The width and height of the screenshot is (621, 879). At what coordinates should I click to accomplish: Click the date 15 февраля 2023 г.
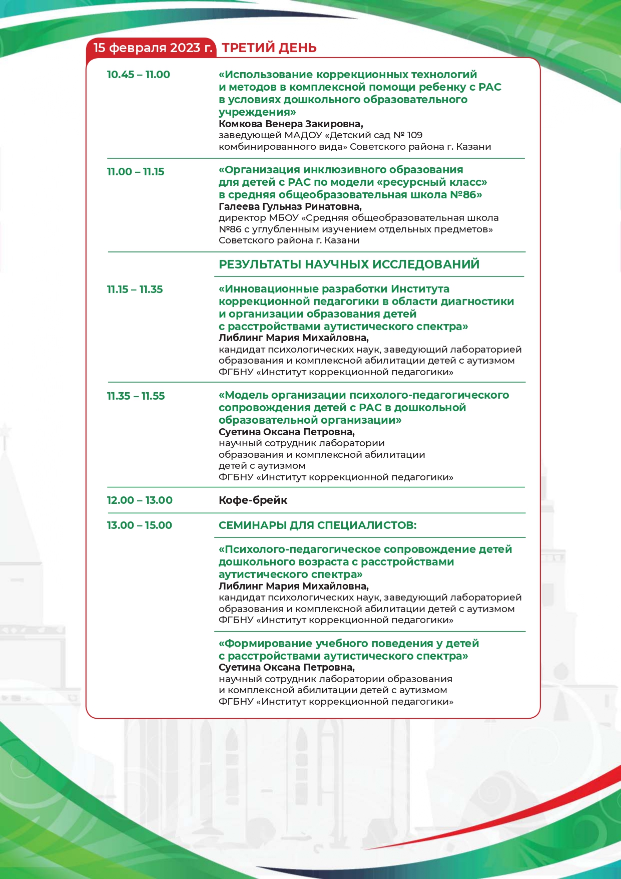[x=153, y=48]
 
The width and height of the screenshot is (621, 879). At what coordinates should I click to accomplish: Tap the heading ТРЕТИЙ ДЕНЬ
[x=269, y=48]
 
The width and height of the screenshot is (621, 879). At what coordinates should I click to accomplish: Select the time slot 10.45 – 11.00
[x=138, y=75]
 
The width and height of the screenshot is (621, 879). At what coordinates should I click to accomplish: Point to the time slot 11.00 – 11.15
[x=135, y=172]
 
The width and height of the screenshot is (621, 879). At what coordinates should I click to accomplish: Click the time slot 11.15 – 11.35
[x=135, y=289]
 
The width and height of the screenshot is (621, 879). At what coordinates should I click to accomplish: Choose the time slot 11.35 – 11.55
[x=136, y=396]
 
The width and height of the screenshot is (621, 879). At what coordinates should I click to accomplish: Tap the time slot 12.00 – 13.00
[x=140, y=500]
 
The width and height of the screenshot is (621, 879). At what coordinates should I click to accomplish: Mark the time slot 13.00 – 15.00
[x=139, y=525]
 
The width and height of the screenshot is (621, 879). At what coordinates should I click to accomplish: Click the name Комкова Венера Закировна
[x=291, y=124]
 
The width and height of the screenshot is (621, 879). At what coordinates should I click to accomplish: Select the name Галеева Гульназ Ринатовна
[x=290, y=206]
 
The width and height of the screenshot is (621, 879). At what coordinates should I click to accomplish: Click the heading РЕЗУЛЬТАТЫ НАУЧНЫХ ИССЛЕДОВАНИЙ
[x=349, y=264]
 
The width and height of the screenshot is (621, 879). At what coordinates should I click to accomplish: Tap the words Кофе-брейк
[x=253, y=500]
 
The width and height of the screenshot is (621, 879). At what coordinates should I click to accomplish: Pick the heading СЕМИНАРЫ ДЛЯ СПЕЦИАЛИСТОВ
[x=317, y=525]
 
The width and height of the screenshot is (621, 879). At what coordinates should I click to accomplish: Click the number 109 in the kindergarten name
[x=415, y=135]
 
